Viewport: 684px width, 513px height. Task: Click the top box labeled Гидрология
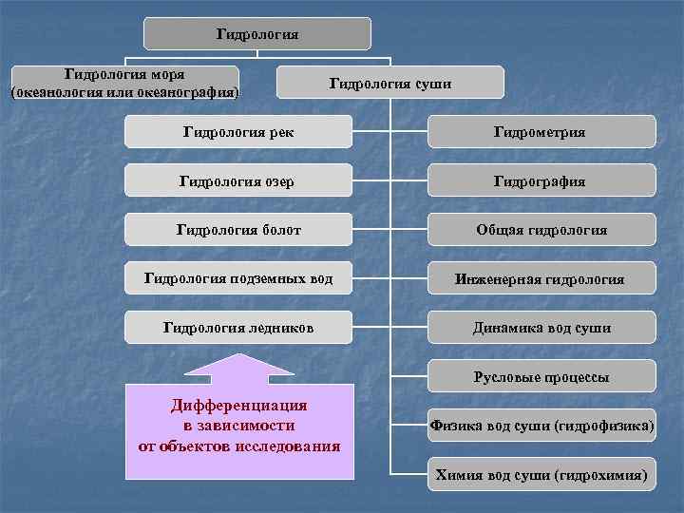[x=257, y=34]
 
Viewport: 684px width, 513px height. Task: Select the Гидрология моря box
[x=124, y=83]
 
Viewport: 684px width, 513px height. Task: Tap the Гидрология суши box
[x=389, y=83]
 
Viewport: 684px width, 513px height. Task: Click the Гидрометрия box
[x=541, y=131]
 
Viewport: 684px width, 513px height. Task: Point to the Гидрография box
[x=541, y=180]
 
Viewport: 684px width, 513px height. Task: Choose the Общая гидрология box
[x=541, y=229]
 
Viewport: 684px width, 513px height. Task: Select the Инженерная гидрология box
[x=541, y=278]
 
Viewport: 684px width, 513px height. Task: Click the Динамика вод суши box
[x=541, y=328]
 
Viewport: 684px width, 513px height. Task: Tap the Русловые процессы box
[x=541, y=377]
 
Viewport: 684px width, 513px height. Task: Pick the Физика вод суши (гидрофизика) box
[x=541, y=426]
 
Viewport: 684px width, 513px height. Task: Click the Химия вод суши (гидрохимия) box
[x=541, y=473]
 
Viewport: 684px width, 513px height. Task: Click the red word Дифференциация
[x=239, y=406]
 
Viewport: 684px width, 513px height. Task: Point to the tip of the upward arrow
[x=239, y=354]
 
